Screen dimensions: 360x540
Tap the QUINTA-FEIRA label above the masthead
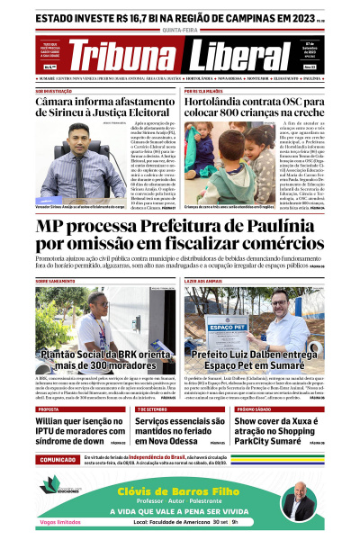click(x=179, y=28)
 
